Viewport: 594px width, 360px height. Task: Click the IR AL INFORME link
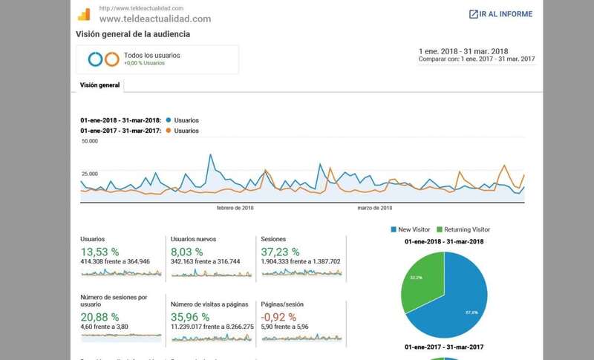pyautogui.click(x=500, y=14)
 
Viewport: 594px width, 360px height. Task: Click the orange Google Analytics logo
pyautogui.click(x=84, y=14)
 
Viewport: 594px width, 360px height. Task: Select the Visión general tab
pyautogui.click(x=99, y=85)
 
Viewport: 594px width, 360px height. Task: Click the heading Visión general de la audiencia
pyautogui.click(x=133, y=34)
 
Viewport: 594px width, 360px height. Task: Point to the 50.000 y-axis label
pyautogui.click(x=90, y=140)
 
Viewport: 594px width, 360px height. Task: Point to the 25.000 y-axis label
pyautogui.click(x=90, y=173)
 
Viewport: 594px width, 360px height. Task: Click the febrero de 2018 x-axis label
pyautogui.click(x=235, y=208)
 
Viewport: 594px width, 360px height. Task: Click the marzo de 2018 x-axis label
pyautogui.click(x=374, y=208)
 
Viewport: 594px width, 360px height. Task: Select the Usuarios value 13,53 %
pyautogui.click(x=99, y=251)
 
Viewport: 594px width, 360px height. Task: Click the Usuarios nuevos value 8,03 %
pyautogui.click(x=187, y=251)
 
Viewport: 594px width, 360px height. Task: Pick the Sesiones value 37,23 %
pyautogui.click(x=280, y=251)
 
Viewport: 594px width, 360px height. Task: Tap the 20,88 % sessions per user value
pyautogui.click(x=99, y=315)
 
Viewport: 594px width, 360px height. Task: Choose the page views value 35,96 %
pyautogui.click(x=190, y=315)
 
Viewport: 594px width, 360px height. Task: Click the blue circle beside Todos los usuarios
pyautogui.click(x=94, y=59)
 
